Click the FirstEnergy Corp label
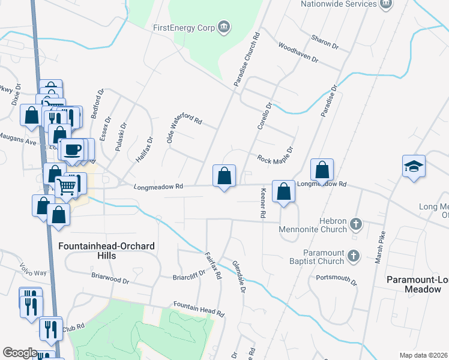[x=184, y=27]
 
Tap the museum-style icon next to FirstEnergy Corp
[x=224, y=26]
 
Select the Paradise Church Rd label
[x=247, y=58]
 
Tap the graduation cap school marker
[x=414, y=166]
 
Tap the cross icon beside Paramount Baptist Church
[x=354, y=257]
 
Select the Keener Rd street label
[x=262, y=202]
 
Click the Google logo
[x=20, y=353]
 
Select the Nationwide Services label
[x=339, y=4]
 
